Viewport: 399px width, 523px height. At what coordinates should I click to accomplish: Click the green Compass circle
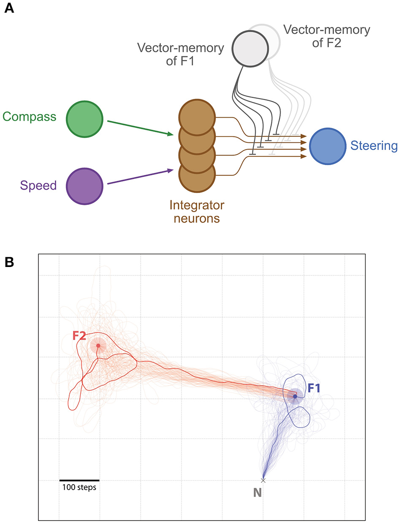pos(84,119)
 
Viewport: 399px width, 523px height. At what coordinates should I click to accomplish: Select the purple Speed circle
pos(85,186)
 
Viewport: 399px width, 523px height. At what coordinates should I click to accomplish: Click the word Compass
pos(30,116)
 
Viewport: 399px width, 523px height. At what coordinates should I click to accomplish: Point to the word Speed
pos(38,185)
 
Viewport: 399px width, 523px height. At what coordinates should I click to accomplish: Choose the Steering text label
pos(374,146)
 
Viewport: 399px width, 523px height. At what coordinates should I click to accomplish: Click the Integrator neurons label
pos(197,212)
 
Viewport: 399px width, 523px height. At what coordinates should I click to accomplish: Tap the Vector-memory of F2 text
pos(326,36)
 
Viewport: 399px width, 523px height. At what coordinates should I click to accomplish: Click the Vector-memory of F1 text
pos(180,54)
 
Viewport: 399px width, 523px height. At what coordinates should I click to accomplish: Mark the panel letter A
pos(9,8)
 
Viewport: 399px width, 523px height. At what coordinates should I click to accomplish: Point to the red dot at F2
pos(98,346)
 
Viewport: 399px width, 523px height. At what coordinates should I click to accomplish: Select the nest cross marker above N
pos(263,480)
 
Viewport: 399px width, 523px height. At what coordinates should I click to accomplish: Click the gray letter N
pos(258,493)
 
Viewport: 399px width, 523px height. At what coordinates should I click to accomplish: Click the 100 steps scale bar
pos(79,480)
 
